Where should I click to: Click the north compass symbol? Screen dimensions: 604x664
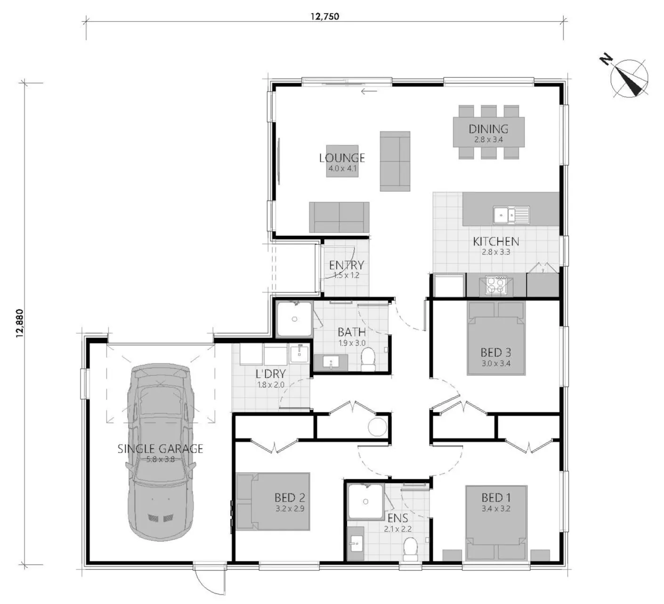click(x=629, y=78)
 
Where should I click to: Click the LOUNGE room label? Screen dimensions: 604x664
click(x=342, y=158)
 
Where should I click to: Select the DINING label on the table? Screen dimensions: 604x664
click(x=488, y=129)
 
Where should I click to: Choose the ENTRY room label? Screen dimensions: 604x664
click(x=346, y=265)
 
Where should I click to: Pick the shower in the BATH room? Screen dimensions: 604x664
click(x=294, y=319)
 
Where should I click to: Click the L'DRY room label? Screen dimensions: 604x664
click(x=271, y=374)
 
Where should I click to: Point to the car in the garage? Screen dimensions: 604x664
click(x=160, y=452)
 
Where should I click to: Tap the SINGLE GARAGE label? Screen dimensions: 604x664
click(x=160, y=449)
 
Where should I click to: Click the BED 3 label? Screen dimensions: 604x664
click(x=496, y=352)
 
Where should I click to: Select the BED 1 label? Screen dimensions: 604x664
click(x=496, y=498)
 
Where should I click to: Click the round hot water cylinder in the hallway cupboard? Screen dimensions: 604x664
click(x=377, y=427)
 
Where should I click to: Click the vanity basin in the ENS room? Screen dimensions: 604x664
click(x=356, y=544)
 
